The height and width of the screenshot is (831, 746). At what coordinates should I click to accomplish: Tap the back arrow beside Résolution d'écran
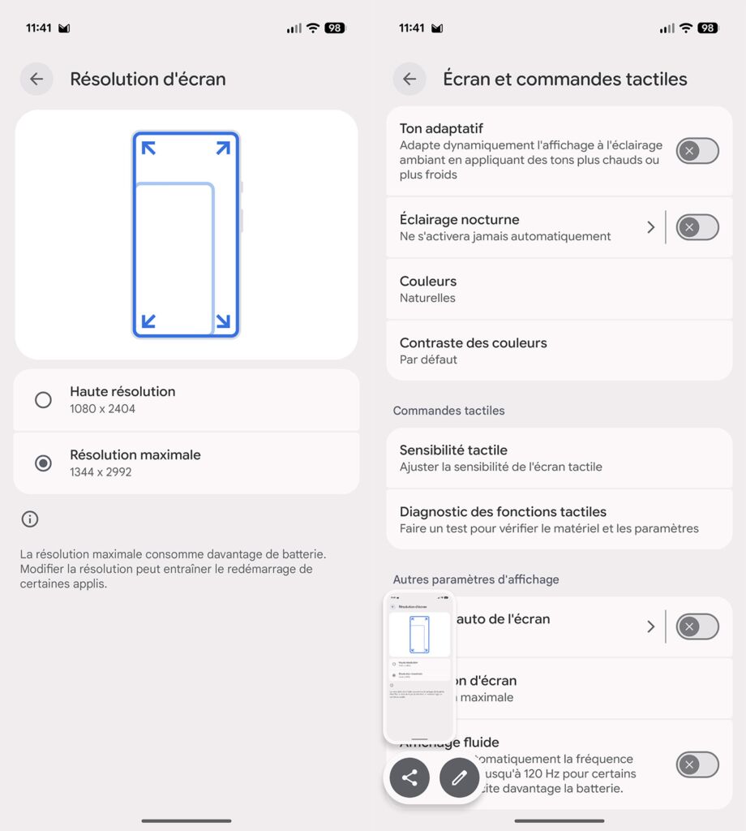pos(36,79)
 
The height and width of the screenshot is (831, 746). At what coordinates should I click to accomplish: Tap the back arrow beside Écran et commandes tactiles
pos(409,79)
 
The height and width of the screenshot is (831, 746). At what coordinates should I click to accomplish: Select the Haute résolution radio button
pos(43,399)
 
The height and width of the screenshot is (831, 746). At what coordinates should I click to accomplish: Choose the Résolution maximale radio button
pos(43,463)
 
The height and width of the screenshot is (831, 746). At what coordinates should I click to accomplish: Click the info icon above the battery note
pos(30,519)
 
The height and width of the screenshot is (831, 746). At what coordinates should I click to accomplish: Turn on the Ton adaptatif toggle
pos(697,151)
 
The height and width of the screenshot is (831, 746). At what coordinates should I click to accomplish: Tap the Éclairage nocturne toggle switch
pos(697,227)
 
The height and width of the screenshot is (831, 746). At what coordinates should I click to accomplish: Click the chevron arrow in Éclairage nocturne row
pos(650,227)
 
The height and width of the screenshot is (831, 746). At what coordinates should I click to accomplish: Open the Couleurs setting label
pos(428,282)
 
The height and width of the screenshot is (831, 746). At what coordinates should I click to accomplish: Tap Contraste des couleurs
pos(473,343)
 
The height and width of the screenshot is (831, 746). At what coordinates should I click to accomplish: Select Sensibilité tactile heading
pos(453,450)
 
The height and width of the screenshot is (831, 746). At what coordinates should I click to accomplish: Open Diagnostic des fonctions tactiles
pos(503,512)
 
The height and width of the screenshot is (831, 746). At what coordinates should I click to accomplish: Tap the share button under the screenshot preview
pos(409,777)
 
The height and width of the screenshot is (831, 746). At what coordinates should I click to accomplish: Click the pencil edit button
pos(460,777)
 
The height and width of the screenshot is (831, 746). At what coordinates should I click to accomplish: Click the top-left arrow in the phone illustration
pos(148,148)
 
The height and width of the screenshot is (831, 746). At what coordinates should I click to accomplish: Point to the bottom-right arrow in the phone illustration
pos(223,321)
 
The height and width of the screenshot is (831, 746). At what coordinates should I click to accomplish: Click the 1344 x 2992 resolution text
pos(101,472)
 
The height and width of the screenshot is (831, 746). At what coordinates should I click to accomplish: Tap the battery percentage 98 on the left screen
pos(334,28)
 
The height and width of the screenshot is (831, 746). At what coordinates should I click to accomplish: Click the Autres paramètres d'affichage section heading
pos(476,579)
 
